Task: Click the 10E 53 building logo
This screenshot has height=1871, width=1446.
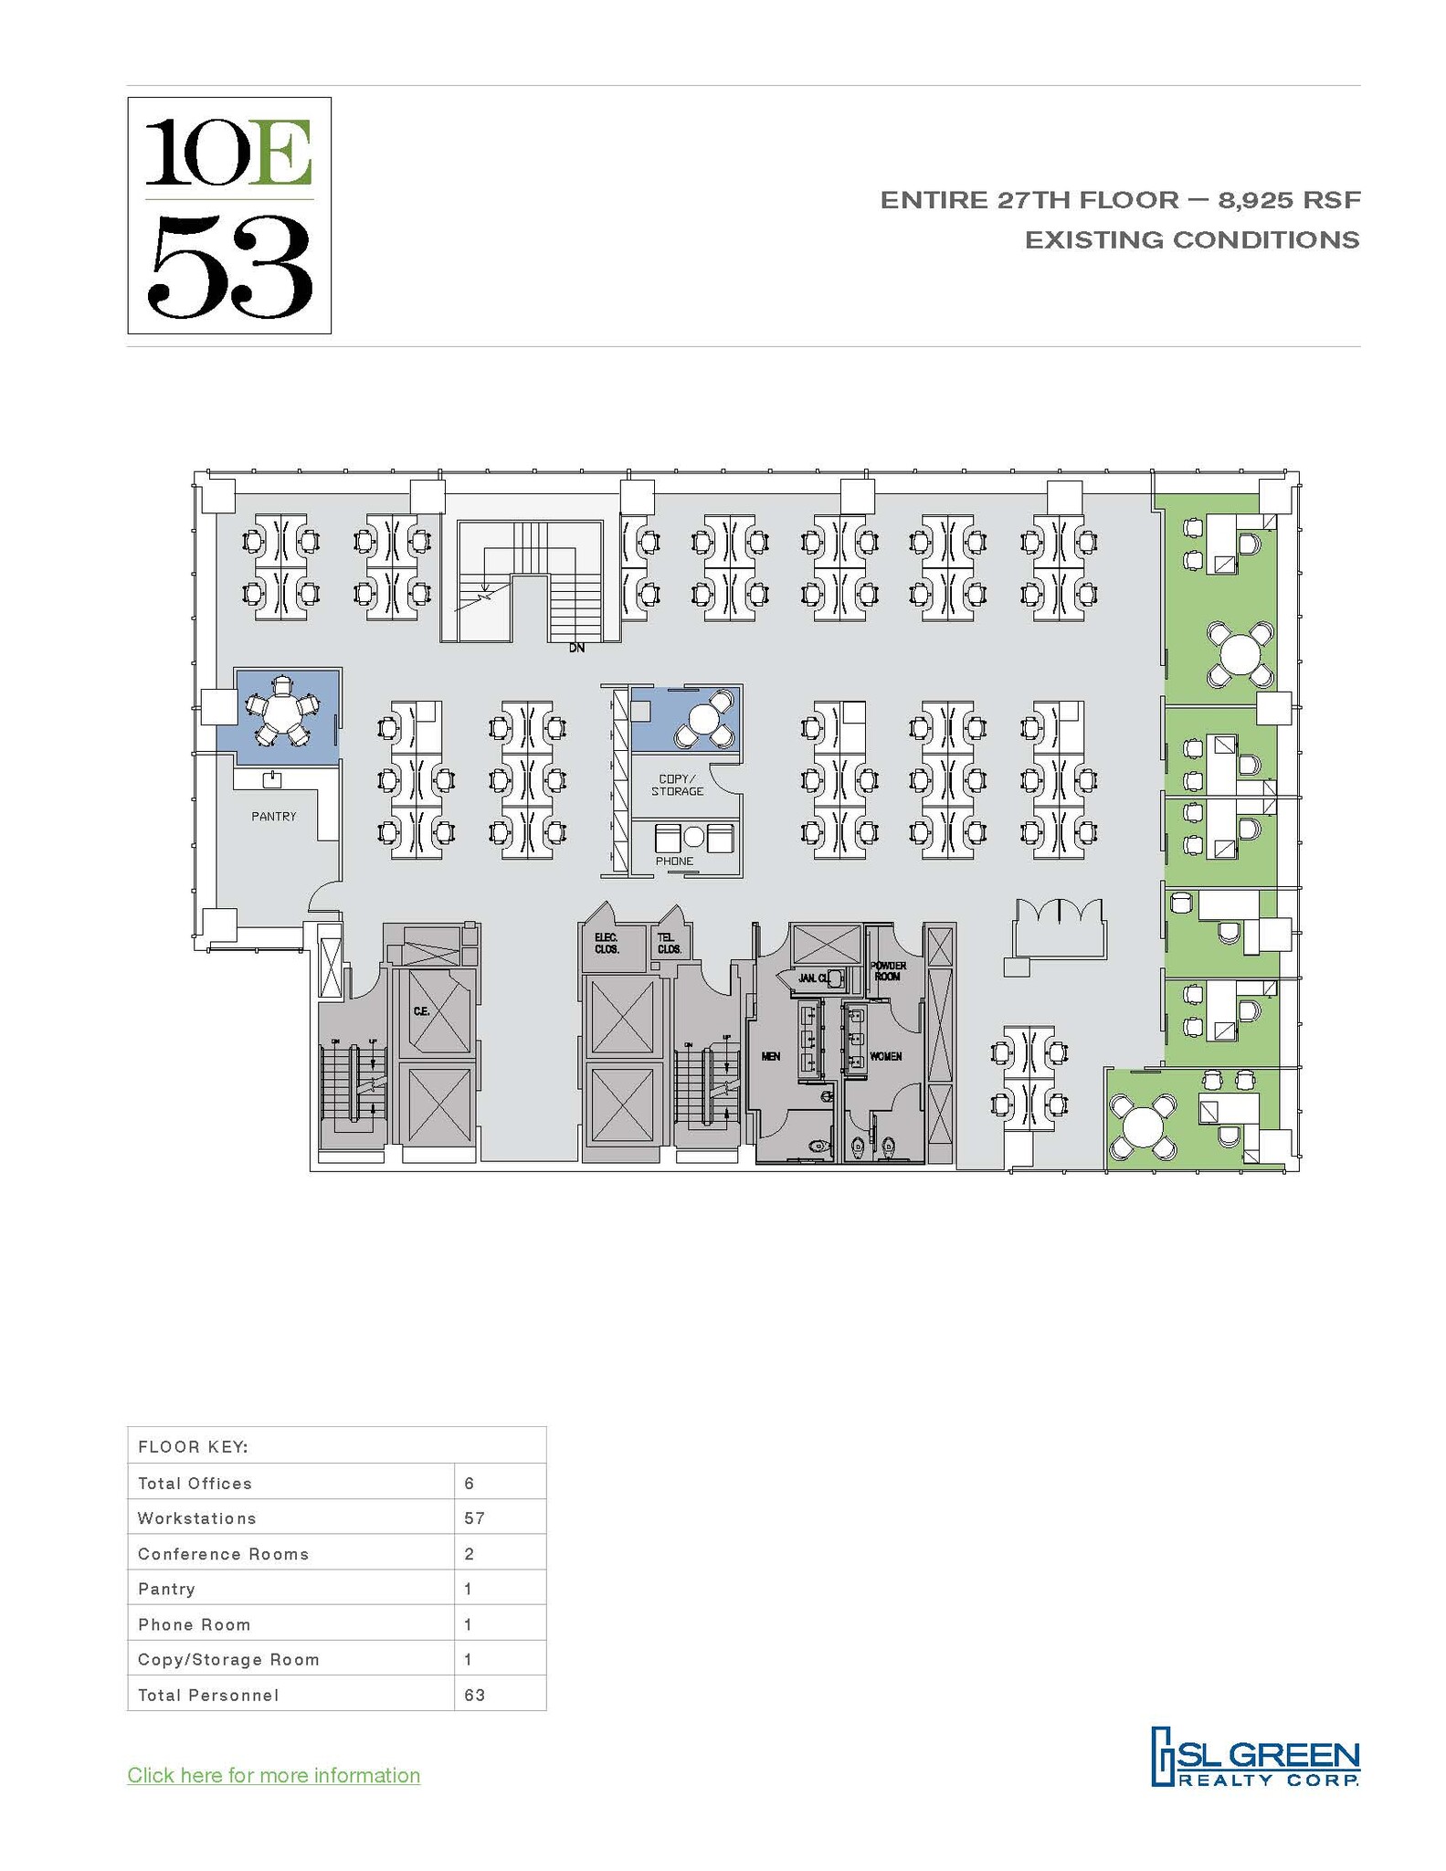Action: [x=228, y=215]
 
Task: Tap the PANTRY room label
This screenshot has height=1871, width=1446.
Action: [x=274, y=817]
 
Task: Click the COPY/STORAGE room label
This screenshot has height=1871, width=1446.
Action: [x=677, y=786]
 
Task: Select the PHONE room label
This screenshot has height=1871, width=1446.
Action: [x=674, y=862]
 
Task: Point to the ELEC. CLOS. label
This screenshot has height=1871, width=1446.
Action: [x=607, y=944]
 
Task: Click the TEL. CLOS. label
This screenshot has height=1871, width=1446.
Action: [x=669, y=944]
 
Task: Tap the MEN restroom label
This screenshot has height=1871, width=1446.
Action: [x=770, y=1057]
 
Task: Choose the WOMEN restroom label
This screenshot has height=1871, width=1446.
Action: [x=885, y=1057]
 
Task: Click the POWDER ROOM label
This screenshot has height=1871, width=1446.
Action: [x=888, y=971]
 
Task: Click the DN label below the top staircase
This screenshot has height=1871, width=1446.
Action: [x=576, y=649]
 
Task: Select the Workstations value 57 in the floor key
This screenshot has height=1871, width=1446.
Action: [x=474, y=1518]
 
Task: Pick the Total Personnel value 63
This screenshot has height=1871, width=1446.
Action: [x=474, y=1696]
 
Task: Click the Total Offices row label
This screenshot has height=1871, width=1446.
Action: [x=195, y=1484]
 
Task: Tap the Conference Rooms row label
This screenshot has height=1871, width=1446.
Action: [x=223, y=1554]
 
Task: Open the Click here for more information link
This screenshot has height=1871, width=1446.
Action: [x=273, y=1775]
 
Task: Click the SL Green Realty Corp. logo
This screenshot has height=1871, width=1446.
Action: [x=1254, y=1757]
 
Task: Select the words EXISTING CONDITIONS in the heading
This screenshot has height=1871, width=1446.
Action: [x=1191, y=240]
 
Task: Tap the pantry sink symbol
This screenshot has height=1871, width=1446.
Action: [x=271, y=779]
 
